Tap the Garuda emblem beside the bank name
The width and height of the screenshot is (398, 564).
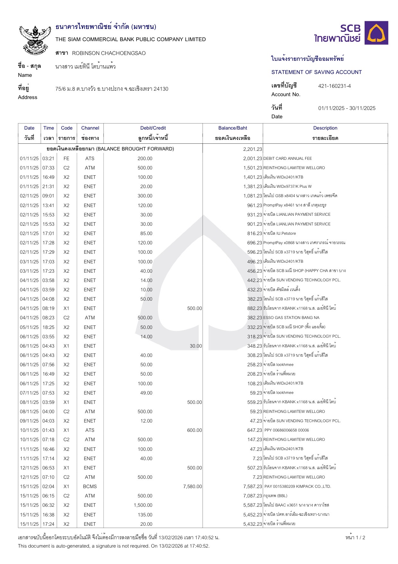[35, 40]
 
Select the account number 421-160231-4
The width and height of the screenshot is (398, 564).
[334, 86]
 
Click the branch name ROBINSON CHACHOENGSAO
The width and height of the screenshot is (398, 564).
[109, 53]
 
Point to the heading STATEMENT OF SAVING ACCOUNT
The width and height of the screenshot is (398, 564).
[316, 72]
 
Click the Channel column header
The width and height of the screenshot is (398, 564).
[90, 128]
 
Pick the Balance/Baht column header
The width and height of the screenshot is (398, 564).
[233, 128]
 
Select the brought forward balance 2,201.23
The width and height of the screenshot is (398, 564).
[252, 149]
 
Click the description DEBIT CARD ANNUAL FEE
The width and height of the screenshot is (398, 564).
[287, 159]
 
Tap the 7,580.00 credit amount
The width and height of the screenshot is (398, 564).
[192, 487]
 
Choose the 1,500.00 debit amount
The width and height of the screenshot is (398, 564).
[143, 505]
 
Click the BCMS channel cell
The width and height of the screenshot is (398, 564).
[90, 487]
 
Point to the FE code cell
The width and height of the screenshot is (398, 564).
[66, 159]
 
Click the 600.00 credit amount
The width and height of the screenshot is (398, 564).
[194, 430]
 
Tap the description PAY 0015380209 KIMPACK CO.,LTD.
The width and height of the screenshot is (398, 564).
[297, 487]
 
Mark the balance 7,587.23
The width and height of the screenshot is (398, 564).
[252, 487]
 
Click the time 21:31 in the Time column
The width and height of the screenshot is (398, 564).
[49, 186]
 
